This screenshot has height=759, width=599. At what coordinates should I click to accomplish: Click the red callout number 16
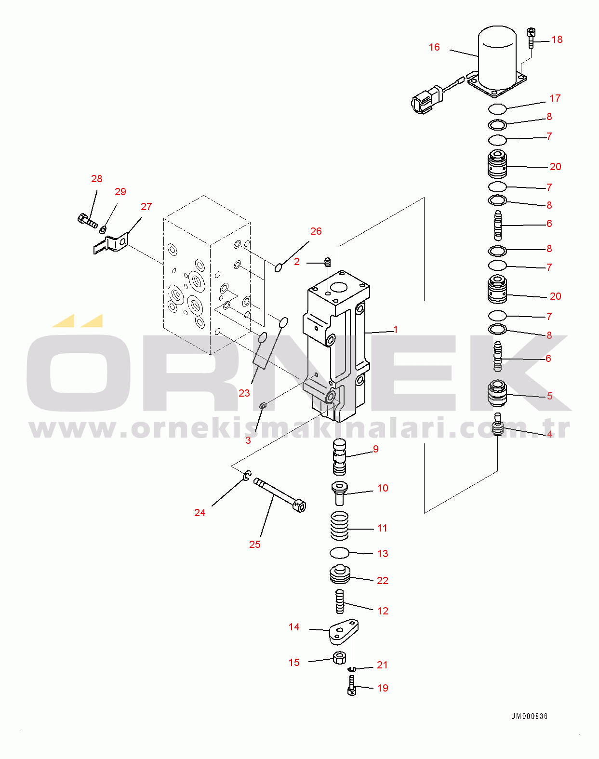point(434,47)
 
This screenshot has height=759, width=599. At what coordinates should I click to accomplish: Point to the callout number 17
point(555,98)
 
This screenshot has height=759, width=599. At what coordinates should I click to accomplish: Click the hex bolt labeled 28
point(87,221)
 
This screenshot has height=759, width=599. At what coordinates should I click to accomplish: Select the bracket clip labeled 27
point(110,244)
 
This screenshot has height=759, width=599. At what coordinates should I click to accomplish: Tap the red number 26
point(316,231)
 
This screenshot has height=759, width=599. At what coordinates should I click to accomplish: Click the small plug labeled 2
point(328,262)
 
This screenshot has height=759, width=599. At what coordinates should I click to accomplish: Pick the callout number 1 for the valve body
point(396,330)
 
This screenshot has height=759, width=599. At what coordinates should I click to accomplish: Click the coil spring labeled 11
point(339,525)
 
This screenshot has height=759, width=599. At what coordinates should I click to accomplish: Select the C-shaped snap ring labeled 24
point(248,476)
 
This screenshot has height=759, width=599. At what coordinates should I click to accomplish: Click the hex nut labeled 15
point(339,658)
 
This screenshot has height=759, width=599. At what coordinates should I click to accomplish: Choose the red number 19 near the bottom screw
point(383,688)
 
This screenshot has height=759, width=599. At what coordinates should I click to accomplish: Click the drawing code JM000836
point(530,716)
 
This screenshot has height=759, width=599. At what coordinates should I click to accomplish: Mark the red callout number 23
point(244,393)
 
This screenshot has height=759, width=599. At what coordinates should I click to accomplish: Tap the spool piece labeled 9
point(339,457)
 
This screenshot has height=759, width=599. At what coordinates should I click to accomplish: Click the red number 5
point(550,396)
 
